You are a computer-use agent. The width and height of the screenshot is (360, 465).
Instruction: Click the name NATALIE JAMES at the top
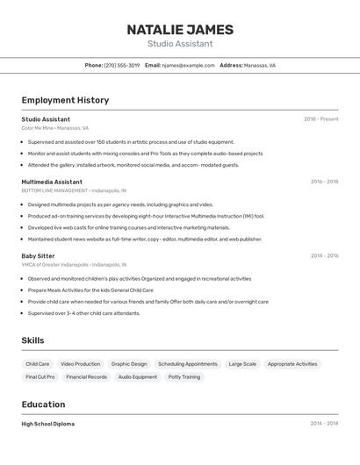tap(180, 29)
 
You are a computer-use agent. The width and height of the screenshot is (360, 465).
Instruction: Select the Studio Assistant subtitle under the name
tap(180, 44)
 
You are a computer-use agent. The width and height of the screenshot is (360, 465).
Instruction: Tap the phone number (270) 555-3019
tap(121, 65)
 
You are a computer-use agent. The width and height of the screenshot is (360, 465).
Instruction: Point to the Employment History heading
tap(65, 100)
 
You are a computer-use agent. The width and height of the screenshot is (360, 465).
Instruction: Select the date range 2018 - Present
tap(320, 119)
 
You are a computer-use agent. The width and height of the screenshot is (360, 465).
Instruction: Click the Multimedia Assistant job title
tap(52, 182)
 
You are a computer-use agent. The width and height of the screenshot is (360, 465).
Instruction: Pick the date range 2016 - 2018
tap(324, 182)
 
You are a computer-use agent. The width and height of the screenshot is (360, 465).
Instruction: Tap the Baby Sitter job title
tap(38, 256)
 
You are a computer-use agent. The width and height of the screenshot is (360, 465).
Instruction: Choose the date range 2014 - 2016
tap(324, 256)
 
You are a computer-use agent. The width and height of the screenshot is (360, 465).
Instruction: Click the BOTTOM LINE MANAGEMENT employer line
tap(74, 190)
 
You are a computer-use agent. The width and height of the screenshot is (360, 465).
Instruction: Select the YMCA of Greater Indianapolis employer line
tap(74, 264)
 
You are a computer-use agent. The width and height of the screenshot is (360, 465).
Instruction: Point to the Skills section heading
tap(32, 340)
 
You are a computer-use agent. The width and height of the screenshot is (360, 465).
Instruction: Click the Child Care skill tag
tap(38, 363)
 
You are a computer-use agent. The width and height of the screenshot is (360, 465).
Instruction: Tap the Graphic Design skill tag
tap(129, 363)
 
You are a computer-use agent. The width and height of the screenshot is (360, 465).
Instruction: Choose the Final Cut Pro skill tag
tap(40, 376)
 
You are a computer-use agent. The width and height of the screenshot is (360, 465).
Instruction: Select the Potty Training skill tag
tap(184, 376)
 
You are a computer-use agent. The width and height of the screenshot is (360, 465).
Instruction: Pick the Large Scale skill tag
tap(242, 363)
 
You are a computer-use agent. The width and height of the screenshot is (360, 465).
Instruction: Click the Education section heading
tap(43, 404)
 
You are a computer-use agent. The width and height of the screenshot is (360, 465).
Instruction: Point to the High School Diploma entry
tap(47, 424)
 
